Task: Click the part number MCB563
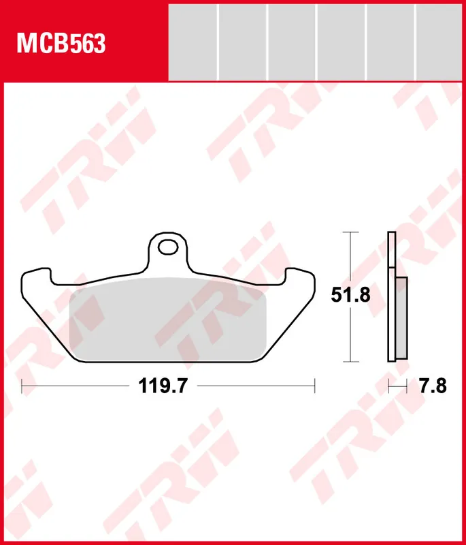[x=61, y=44]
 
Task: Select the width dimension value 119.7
[x=163, y=387]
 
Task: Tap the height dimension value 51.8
[x=350, y=296]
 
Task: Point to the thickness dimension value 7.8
[x=433, y=387]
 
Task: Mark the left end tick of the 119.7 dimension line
[x=22, y=386]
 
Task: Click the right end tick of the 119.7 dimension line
[x=315, y=386]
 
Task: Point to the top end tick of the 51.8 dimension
[x=350, y=232]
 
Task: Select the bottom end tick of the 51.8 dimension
[x=350, y=361]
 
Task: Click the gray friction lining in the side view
[x=402, y=317]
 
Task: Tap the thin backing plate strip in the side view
[x=391, y=297]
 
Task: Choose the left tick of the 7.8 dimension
[x=388, y=386]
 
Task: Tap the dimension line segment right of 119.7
[x=255, y=386]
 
